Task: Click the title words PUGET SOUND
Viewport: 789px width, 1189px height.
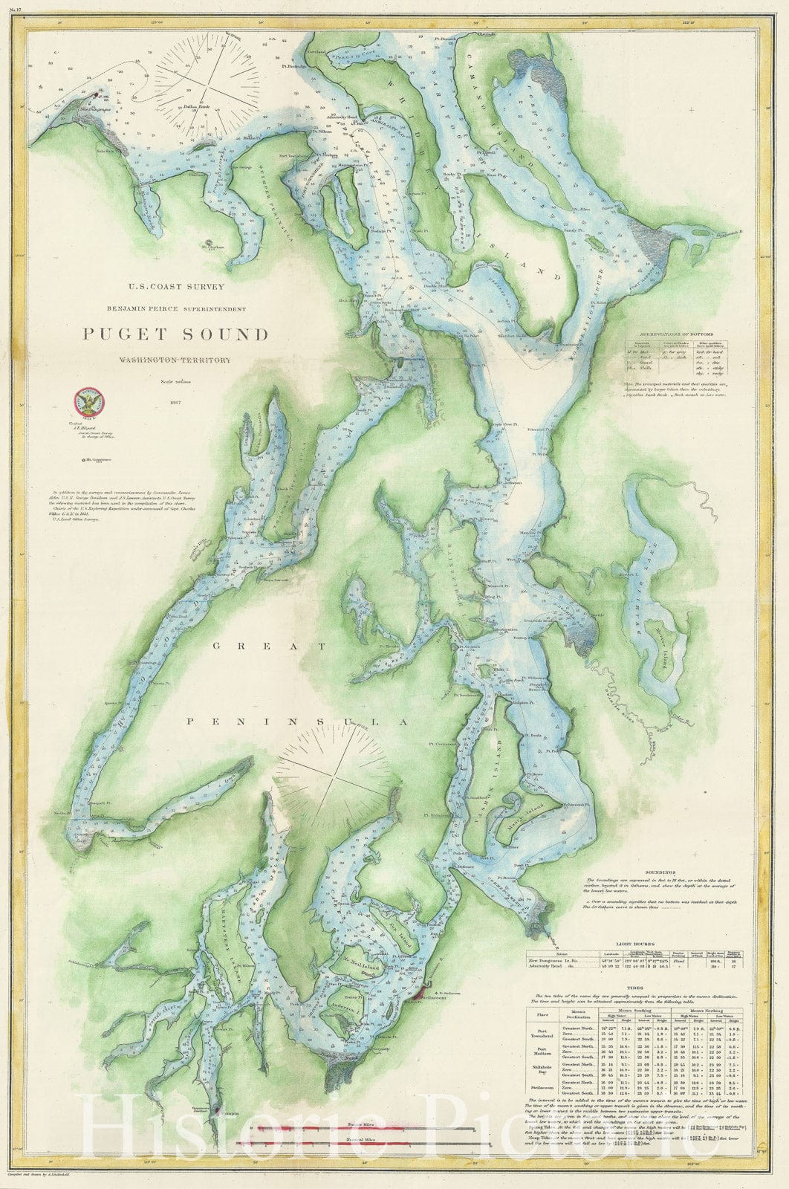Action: coord(175,334)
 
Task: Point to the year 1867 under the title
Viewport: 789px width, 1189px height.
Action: coord(175,402)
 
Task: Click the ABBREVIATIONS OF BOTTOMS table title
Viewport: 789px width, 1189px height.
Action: coord(676,334)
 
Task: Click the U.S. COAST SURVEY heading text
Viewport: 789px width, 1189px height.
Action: coord(175,285)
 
